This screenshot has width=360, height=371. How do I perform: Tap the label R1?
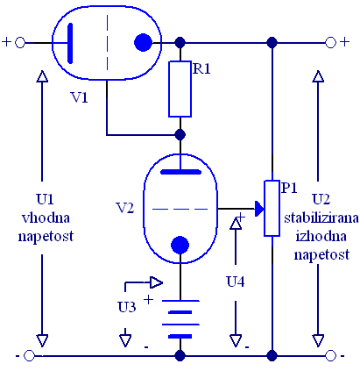(x=201, y=69)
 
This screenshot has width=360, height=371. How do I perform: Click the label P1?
(x=289, y=188)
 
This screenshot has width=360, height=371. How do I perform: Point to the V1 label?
(x=79, y=97)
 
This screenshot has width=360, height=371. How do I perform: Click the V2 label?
(x=125, y=208)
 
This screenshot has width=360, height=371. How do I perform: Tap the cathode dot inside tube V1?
(x=143, y=43)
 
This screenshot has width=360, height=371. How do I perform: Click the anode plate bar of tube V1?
(x=70, y=43)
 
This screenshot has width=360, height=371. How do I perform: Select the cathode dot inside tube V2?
(x=180, y=245)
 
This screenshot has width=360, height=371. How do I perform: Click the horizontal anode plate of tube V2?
(x=180, y=172)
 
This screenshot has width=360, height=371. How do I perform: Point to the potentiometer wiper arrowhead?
(x=259, y=209)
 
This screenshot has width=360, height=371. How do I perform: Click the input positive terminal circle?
(x=20, y=43)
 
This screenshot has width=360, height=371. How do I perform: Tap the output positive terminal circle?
(x=330, y=43)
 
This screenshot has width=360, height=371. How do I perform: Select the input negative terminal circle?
(x=29, y=356)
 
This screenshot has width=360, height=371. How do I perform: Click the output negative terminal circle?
(x=330, y=356)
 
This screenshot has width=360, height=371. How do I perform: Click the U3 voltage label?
(x=127, y=307)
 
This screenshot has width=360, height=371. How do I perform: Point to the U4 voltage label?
(x=236, y=282)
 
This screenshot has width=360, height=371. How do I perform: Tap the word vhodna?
(x=46, y=218)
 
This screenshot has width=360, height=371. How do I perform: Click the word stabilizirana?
(x=321, y=218)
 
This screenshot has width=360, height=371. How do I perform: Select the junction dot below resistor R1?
(x=180, y=135)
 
